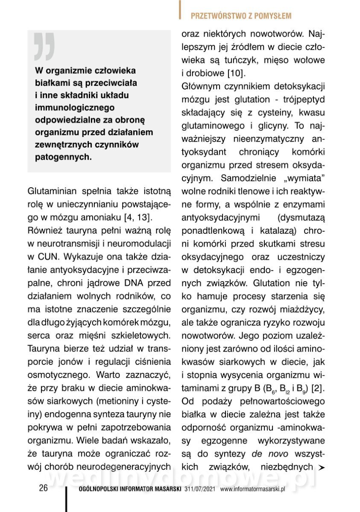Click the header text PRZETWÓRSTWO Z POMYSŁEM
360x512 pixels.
pos(241,16)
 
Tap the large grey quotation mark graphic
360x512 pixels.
pos(44,46)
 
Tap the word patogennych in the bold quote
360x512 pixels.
pos(63,157)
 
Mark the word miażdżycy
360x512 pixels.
pos(304,309)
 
